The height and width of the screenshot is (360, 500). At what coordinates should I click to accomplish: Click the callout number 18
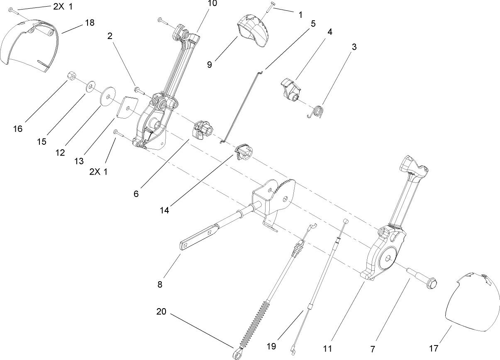coord(90,22)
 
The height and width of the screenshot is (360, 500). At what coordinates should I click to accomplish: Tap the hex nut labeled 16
coord(71,76)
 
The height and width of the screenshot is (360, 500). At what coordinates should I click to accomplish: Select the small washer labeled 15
coord(89,88)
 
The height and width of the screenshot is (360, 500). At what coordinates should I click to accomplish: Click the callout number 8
coord(160,285)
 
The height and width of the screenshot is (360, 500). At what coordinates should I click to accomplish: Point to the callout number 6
coord(136,193)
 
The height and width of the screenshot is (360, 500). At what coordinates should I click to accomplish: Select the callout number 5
coord(313,23)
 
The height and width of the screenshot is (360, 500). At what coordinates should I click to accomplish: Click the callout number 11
coord(327,349)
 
